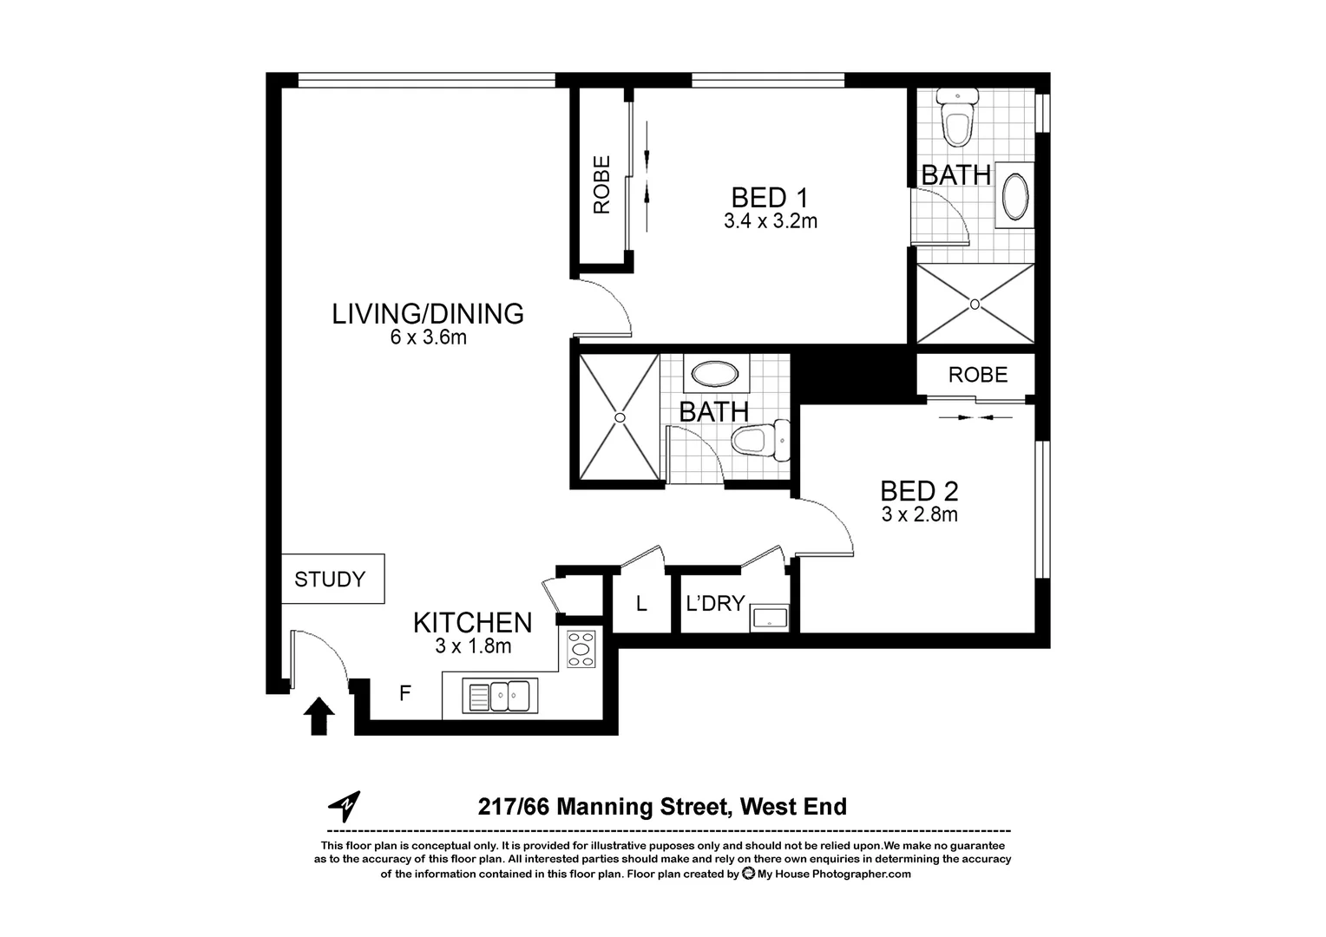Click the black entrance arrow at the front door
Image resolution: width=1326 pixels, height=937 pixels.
319,717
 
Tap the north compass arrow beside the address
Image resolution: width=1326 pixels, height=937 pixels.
345,806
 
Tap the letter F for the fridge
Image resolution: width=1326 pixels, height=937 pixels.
404,693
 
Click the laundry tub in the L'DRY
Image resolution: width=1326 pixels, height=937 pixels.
770,618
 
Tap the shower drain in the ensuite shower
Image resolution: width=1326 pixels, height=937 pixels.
975,304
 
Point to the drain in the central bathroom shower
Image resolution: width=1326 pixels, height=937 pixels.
620,417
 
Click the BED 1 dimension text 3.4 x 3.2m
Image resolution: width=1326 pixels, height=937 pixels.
771,221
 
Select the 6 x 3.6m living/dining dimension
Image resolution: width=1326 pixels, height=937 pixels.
428,337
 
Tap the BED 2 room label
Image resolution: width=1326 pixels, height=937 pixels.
919,491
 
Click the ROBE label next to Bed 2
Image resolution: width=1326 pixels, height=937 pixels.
978,375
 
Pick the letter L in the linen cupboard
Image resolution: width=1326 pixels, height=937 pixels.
641,604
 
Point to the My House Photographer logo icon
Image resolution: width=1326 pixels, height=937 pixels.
748,875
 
